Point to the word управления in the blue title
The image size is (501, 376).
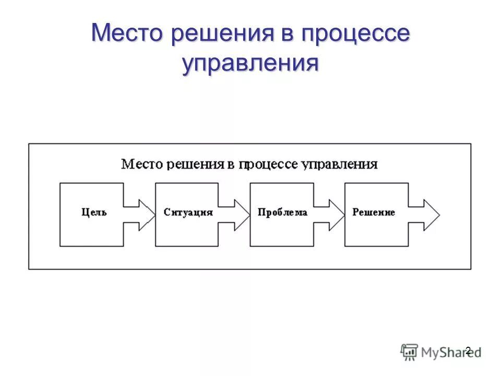(250, 63)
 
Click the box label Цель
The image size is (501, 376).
(94, 213)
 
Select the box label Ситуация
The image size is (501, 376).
(188, 213)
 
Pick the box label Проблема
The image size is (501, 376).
(282, 213)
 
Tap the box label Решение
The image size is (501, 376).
(374, 213)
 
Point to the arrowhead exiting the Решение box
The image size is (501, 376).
(431, 214)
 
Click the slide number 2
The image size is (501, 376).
(468, 350)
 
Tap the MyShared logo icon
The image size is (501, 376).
(409, 351)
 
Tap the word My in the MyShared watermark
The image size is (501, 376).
(431, 352)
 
